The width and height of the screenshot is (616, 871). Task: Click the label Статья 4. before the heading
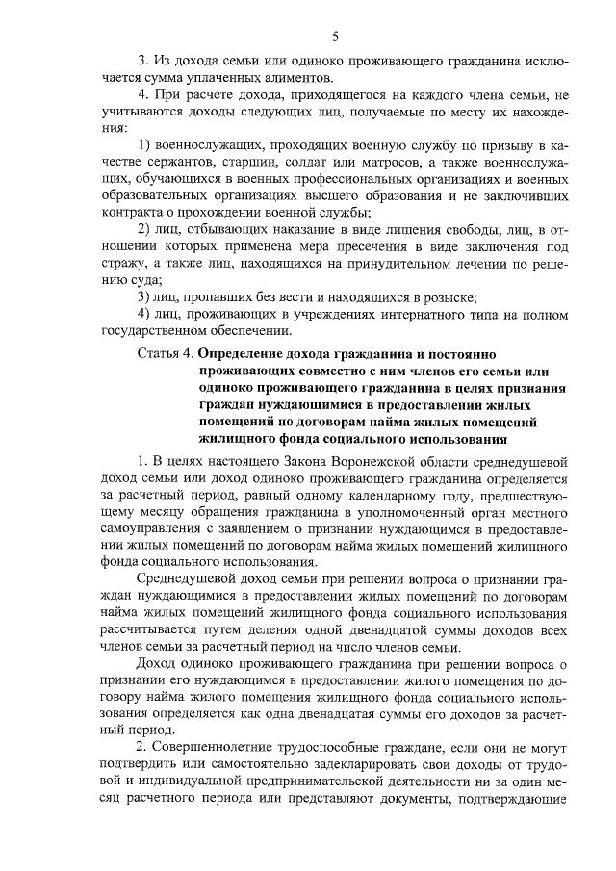click(164, 353)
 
